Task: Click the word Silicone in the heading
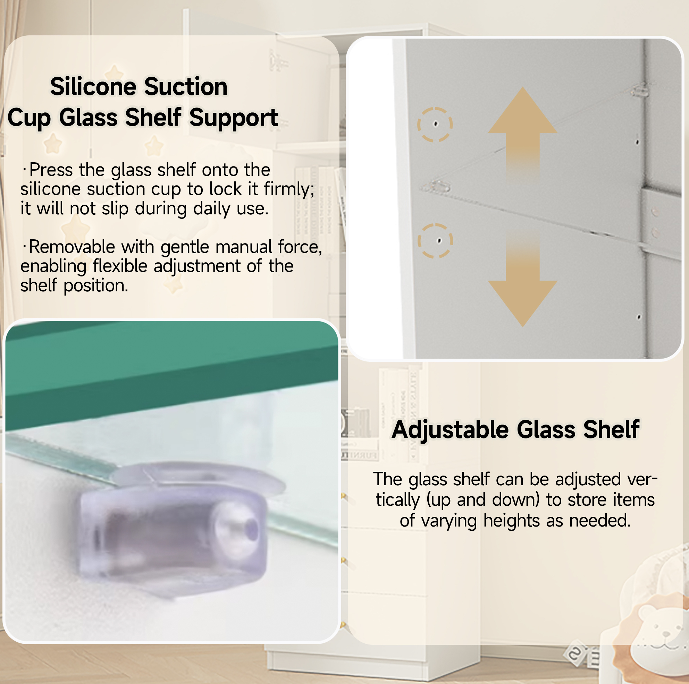point(93,87)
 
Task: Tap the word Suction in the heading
point(186,87)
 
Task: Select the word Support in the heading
point(234,118)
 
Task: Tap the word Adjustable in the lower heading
point(450,430)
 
